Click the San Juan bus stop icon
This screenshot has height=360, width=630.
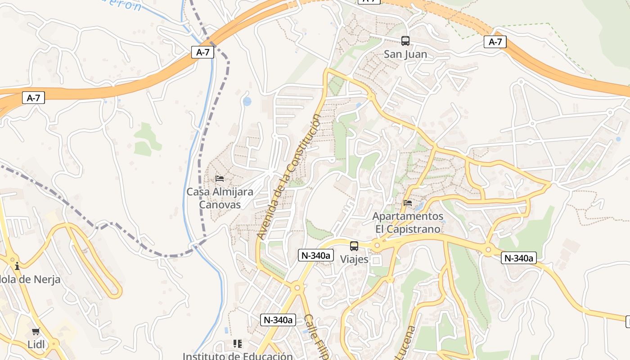click(405, 41)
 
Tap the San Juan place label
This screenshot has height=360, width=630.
click(405, 54)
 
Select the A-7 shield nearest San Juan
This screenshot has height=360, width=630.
click(495, 42)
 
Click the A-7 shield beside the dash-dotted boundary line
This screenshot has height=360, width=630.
click(203, 52)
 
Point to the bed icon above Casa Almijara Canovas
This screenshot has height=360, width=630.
click(220, 179)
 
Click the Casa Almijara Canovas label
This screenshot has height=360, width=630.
click(220, 198)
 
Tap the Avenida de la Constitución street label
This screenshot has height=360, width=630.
click(289, 176)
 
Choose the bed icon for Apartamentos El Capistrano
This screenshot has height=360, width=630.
click(408, 203)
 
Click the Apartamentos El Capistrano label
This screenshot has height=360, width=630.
click(408, 223)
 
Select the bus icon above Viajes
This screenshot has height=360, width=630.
click(354, 246)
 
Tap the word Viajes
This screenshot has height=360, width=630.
click(354, 260)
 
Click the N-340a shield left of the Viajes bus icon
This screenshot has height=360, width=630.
click(315, 256)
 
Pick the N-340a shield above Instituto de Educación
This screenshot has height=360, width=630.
click(278, 320)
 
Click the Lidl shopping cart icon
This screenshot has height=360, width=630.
click(36, 332)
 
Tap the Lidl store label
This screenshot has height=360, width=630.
click(36, 345)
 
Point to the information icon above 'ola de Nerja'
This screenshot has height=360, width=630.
click(17, 266)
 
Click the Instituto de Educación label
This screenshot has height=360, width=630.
click(238, 355)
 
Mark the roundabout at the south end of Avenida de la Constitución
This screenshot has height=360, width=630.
click(297, 287)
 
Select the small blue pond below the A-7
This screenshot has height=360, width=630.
click(247, 101)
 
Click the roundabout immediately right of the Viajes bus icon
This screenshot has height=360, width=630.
click(377, 246)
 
